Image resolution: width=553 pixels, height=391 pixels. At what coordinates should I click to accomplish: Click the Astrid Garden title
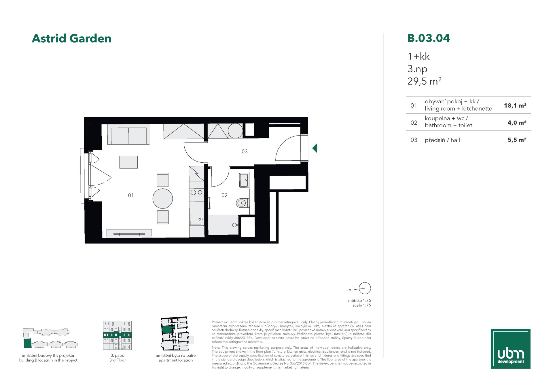click(71, 39)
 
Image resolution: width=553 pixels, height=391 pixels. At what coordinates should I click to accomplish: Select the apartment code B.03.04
click(429, 38)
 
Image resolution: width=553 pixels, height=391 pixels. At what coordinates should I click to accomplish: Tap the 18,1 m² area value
click(515, 106)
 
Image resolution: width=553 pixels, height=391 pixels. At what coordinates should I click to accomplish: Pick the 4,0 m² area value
click(517, 123)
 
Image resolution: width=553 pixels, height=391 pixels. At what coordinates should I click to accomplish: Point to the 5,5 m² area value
click(517, 140)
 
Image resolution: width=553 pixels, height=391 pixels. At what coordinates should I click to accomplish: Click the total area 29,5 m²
click(424, 81)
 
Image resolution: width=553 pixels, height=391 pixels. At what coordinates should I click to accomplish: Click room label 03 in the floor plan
click(245, 151)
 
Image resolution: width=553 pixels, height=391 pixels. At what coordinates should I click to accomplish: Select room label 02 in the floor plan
click(224, 195)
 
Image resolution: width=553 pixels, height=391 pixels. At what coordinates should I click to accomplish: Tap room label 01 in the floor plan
click(131, 195)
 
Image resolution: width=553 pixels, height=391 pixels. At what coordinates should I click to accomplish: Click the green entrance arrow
click(315, 148)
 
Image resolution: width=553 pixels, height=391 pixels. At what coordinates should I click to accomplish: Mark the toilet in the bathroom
click(243, 203)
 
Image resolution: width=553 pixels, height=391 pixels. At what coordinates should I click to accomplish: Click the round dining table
click(163, 199)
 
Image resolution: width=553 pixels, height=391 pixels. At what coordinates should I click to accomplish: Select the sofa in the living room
click(129, 134)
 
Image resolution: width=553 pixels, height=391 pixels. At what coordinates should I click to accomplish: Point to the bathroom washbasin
click(244, 180)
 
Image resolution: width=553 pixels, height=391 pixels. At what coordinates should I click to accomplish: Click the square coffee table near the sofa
click(128, 162)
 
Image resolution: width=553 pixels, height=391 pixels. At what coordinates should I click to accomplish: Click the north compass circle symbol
click(365, 288)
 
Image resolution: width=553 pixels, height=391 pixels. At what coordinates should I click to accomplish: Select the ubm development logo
click(510, 349)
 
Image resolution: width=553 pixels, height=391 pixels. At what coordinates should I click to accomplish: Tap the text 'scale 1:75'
click(362, 305)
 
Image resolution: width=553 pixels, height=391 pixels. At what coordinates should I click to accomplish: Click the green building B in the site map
click(27, 343)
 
